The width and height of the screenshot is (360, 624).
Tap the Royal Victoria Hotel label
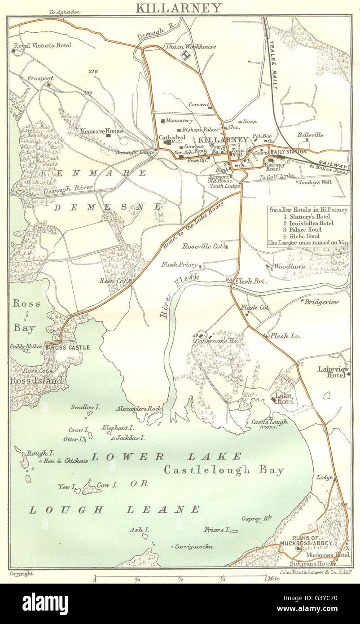[40, 46]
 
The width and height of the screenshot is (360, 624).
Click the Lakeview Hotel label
[333, 372]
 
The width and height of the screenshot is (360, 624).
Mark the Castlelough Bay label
[224, 471]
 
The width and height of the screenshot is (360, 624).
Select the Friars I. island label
[217, 530]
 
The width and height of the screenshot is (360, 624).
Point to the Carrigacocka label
[194, 546]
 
